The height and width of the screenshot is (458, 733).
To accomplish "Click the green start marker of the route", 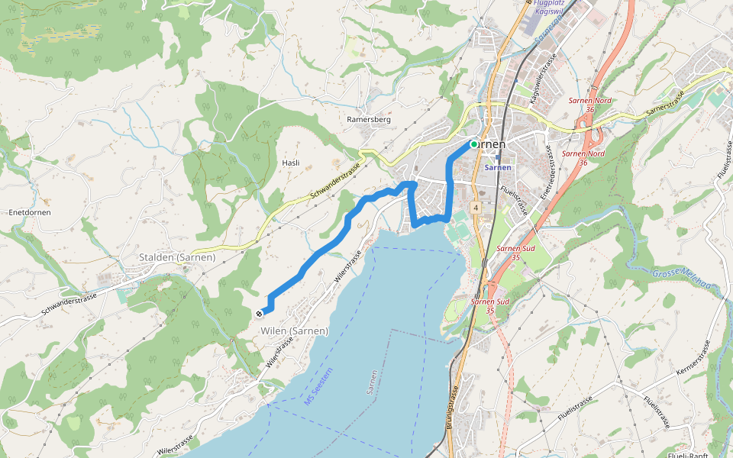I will point(473,144).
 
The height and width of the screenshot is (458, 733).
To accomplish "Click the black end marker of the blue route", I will point(260,312).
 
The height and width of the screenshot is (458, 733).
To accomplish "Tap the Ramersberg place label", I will point(369,120).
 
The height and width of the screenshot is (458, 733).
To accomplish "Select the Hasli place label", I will point(291,163).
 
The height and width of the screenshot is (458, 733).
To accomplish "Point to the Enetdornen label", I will point(29,212).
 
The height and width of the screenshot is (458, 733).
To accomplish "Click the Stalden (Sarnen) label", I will point(177,257).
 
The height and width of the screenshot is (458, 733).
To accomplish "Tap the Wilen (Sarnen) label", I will point(294,331).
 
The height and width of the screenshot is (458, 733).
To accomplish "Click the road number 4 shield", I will point(475,207).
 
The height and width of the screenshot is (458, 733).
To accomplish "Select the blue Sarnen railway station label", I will point(498,167).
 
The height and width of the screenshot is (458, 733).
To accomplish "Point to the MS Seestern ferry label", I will point(319,387).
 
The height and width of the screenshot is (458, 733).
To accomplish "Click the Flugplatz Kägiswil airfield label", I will point(551,8).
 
